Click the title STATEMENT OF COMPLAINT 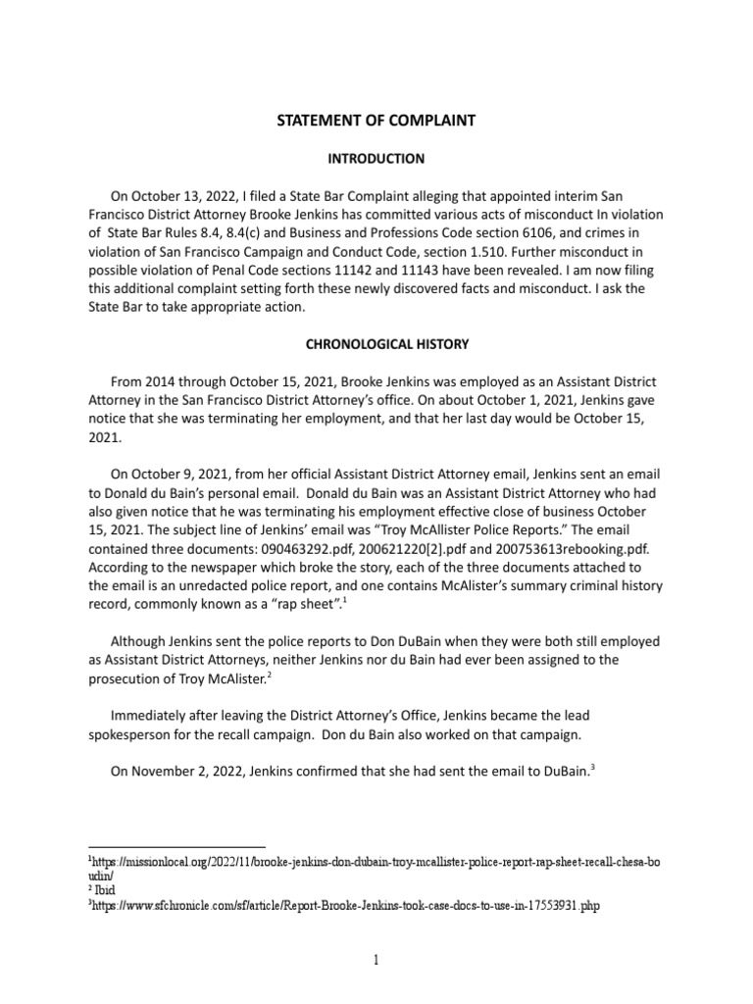[x=376, y=121]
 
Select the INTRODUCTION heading [x=376, y=158]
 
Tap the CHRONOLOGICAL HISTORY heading [x=376, y=344]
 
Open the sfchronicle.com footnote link [x=344, y=907]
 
